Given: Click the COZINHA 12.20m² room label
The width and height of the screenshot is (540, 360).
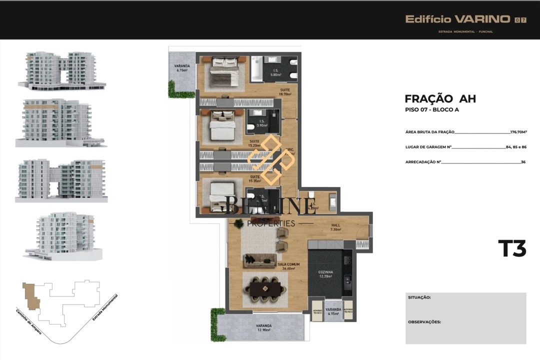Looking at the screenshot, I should click(325, 274).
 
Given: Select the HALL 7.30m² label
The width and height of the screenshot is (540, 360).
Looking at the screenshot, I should click(335, 227).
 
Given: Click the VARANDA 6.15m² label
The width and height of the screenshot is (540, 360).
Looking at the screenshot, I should click(181, 68).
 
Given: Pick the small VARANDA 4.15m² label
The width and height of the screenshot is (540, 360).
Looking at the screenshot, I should click(333, 311).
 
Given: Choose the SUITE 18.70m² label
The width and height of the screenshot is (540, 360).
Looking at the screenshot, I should click(285, 92).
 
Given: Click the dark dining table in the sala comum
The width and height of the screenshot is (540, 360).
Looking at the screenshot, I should click(266, 289).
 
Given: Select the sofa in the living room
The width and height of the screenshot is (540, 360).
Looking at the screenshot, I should click(259, 260).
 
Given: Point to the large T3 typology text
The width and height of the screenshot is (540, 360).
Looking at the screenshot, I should click(512, 248).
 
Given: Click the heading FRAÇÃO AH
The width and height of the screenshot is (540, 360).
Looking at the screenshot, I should click(440, 99).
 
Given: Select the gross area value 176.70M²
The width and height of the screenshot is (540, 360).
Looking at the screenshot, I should click(518, 132).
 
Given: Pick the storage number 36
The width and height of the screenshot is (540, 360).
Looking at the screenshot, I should click(523, 162).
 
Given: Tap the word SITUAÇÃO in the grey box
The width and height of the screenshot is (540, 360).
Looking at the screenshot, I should click(419, 297).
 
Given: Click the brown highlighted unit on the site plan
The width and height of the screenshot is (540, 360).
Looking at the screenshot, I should click(30, 295).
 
